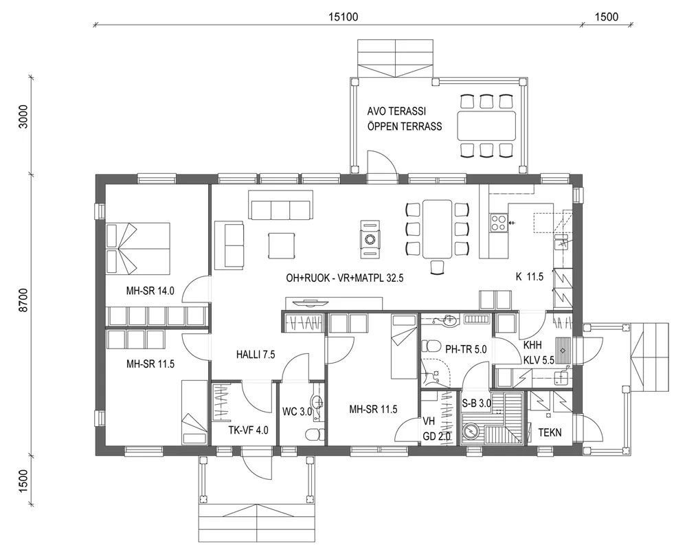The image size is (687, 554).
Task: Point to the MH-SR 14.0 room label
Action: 150,291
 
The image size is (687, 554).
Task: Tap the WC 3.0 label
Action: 297,412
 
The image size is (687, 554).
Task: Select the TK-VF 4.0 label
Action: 248,431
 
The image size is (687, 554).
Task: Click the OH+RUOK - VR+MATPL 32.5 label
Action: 345,279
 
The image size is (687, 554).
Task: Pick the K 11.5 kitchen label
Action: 530,277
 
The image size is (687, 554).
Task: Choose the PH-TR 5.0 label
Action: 465,349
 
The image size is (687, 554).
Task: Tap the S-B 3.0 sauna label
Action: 476,403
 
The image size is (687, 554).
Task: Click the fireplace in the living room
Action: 370,239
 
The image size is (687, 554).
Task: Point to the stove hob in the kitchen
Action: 498,221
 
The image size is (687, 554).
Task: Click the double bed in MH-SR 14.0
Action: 138,247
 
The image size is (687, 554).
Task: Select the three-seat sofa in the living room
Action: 280,209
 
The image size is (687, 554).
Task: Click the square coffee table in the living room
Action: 282,244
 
